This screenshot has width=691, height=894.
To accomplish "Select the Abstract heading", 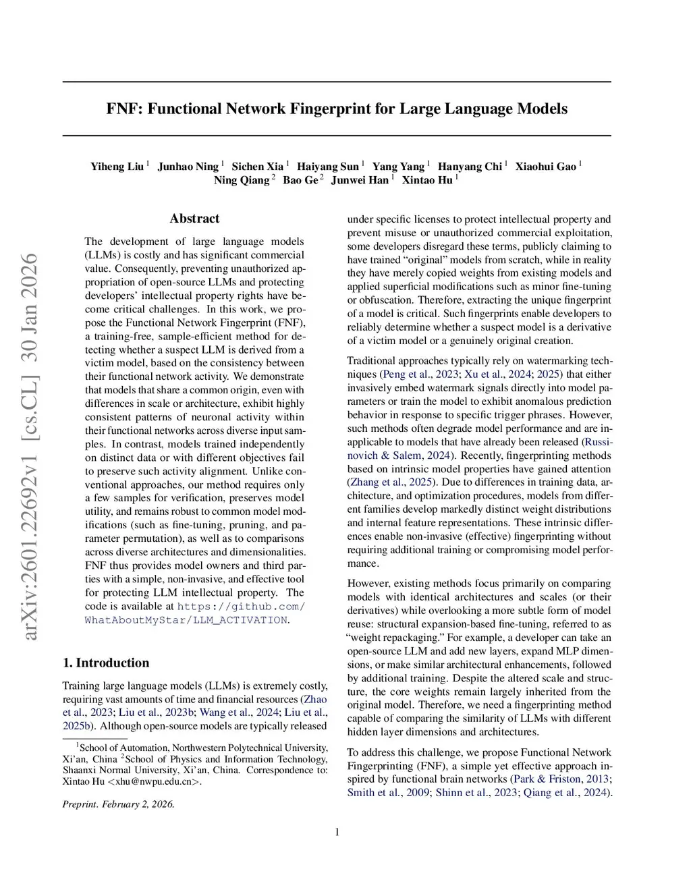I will point(194,218).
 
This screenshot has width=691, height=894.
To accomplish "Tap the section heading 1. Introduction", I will point(106,663).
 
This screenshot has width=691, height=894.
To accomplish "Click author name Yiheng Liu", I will point(117,167).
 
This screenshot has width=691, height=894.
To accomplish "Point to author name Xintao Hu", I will point(427,180).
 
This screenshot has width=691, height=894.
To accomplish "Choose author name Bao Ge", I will point(300,180).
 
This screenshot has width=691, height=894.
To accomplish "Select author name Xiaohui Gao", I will point(545,167).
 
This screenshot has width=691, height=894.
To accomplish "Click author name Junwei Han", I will point(360,180).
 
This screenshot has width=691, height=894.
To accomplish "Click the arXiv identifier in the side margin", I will point(30,445).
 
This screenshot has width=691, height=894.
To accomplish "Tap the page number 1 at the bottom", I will point(337,832).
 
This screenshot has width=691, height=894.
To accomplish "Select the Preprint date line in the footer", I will point(119,804).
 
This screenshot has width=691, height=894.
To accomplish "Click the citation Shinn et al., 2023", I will point(476,792).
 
